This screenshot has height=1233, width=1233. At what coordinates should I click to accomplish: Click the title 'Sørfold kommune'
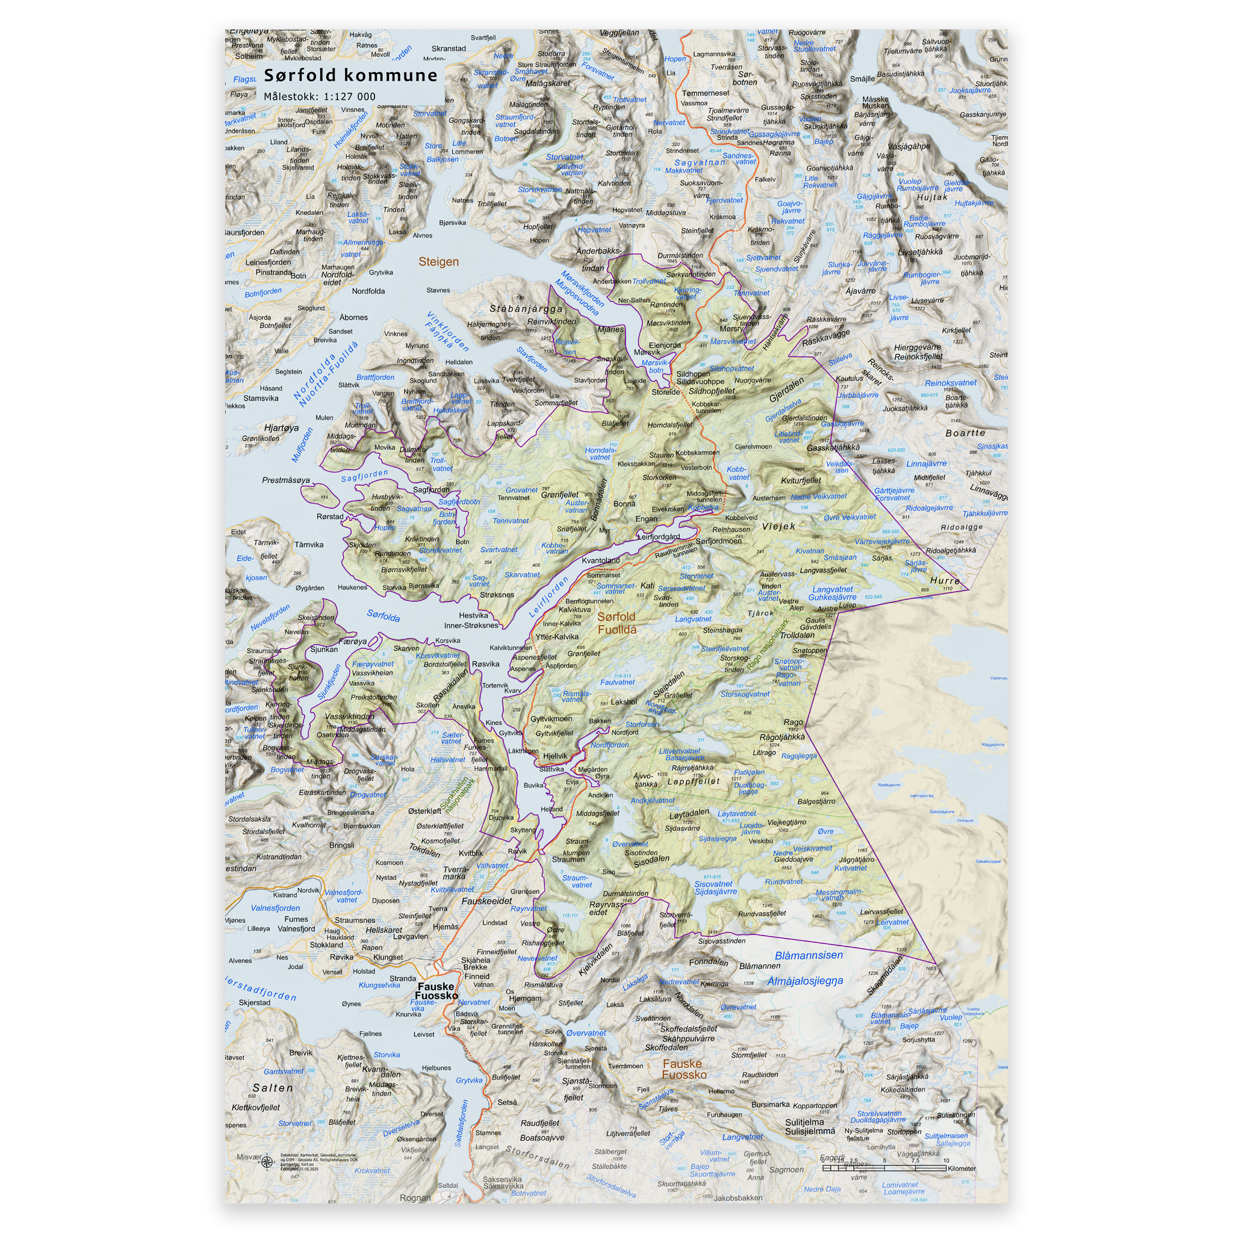click(x=350, y=75)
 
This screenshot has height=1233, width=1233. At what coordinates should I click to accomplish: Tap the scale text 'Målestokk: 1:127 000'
click(x=320, y=97)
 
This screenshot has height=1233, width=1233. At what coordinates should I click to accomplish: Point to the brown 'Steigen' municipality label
click(x=438, y=262)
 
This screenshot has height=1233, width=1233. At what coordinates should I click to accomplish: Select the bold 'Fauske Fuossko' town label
click(x=436, y=991)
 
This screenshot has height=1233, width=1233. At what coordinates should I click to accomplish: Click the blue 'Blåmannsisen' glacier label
click(x=808, y=955)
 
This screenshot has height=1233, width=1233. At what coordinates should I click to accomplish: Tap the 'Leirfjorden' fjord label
click(x=548, y=597)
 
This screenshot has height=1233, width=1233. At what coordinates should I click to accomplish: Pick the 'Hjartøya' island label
click(x=281, y=427)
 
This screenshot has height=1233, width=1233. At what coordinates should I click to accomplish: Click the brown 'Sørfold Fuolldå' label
click(x=616, y=623)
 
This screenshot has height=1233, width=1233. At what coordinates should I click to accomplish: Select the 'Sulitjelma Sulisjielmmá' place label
click(x=809, y=1127)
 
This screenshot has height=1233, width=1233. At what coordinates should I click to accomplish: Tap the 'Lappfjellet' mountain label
click(x=693, y=781)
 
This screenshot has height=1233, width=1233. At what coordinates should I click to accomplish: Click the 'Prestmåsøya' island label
click(x=286, y=480)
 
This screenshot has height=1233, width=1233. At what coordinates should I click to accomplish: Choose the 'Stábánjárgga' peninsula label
click(x=526, y=309)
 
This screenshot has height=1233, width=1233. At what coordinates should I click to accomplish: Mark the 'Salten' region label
click(x=273, y=1088)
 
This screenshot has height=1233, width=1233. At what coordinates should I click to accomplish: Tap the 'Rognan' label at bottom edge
click(x=415, y=1198)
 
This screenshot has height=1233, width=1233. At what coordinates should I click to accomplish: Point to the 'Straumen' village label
click(x=568, y=859)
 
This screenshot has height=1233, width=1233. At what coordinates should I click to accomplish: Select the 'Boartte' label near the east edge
click(x=965, y=433)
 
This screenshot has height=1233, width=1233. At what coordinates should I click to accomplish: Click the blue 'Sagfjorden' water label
click(x=364, y=476)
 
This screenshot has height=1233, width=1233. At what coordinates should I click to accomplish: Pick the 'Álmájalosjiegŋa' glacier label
click(x=805, y=981)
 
